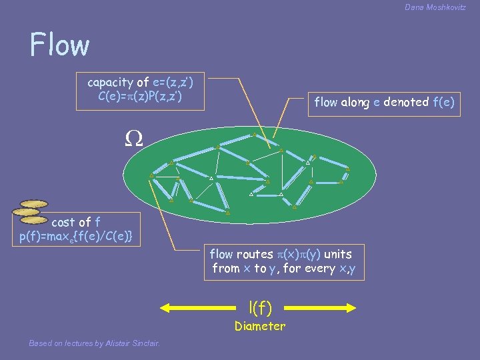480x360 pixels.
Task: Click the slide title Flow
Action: [59, 45]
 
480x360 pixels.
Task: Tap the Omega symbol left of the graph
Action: [133, 138]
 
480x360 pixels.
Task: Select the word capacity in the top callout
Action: [110, 83]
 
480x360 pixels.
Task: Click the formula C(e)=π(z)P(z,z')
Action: [140, 97]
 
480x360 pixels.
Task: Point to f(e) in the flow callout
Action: [443, 102]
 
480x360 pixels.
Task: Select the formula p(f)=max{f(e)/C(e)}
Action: [76, 235]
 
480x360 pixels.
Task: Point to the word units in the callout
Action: [338, 254]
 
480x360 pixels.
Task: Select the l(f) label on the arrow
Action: [259, 307]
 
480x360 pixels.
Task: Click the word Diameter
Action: [259, 326]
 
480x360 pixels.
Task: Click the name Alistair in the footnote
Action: [113, 343]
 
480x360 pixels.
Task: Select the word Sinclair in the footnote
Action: [145, 343]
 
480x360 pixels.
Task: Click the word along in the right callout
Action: [351, 102]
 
